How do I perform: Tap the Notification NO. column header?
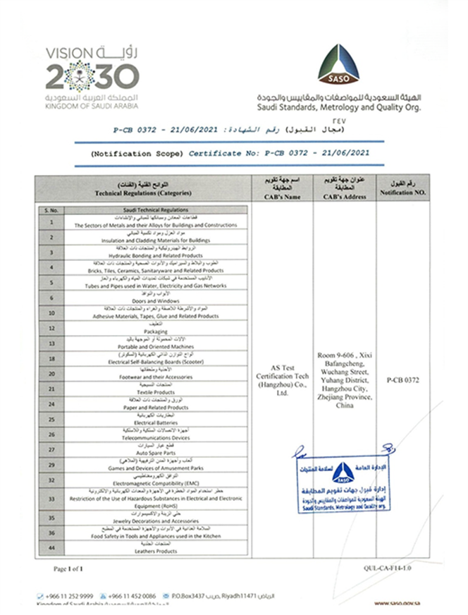coord(402,188)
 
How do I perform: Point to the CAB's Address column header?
coord(345,188)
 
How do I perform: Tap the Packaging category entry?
coord(147,330)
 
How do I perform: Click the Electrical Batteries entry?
coord(147,422)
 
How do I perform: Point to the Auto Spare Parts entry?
coord(147,452)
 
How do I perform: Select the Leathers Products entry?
coord(147,552)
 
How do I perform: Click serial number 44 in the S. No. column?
coord(51,548)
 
